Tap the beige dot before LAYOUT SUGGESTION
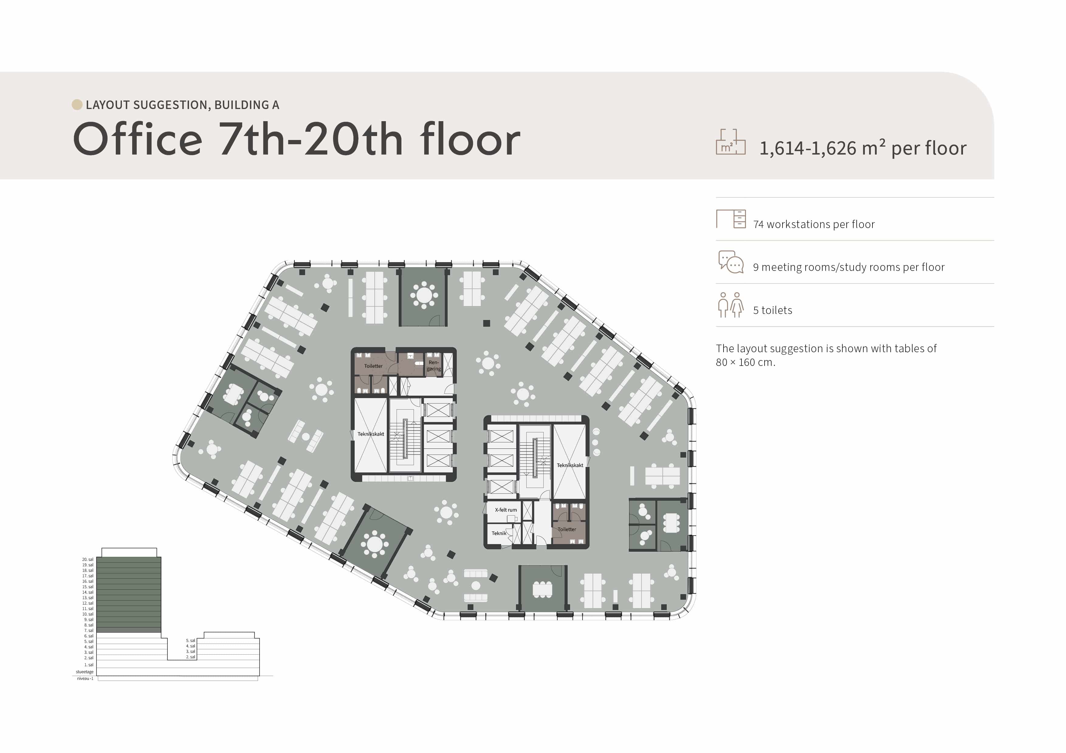(x=77, y=105)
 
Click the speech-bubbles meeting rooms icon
(x=731, y=262)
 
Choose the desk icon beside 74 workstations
(x=731, y=219)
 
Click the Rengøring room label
(x=434, y=366)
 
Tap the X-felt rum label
(x=506, y=510)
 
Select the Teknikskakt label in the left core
(x=370, y=434)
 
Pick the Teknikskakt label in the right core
(x=570, y=465)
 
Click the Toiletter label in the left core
(x=373, y=366)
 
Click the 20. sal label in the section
(x=88, y=560)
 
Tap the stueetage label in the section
(x=84, y=672)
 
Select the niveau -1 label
(x=85, y=678)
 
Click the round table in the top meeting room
(x=423, y=295)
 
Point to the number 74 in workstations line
(x=758, y=225)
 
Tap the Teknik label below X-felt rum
(x=499, y=533)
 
